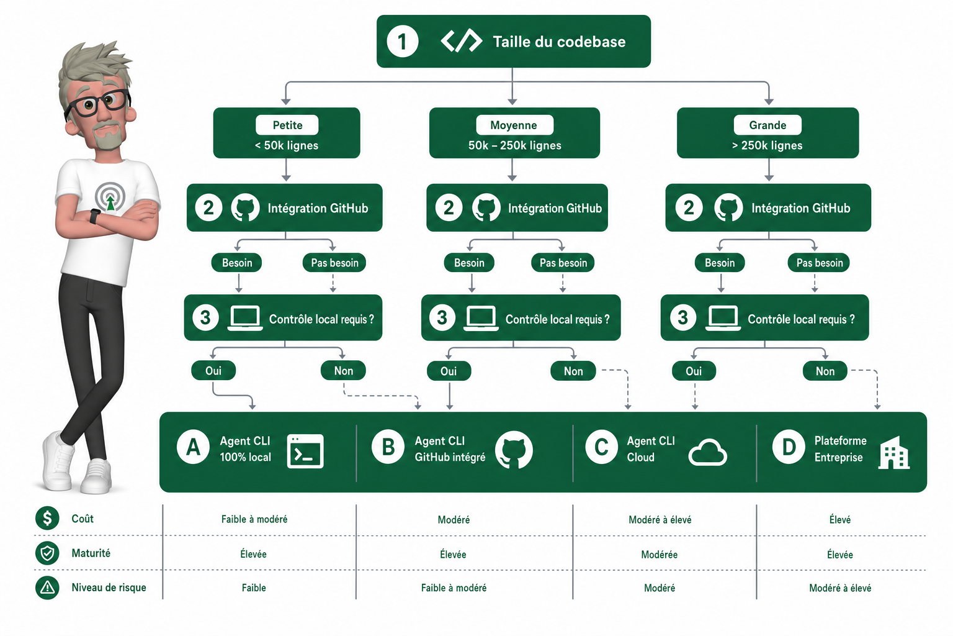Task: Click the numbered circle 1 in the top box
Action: pos(402,42)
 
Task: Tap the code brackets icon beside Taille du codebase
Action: pos(461,41)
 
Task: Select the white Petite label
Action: pos(287,125)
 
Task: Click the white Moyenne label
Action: pos(514,125)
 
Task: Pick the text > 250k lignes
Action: pos(767,145)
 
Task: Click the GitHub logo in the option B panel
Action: pos(514,450)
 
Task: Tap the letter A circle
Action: pos(193,447)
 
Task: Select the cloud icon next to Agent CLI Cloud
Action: pos(707,452)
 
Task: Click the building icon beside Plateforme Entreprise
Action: pos(894,452)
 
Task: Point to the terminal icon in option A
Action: pos(305,451)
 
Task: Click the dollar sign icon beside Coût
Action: pos(47,518)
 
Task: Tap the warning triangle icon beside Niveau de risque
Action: pos(47,588)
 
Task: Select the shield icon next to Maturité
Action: pos(47,553)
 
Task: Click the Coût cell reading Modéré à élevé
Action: pos(660,519)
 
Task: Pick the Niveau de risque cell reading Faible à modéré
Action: pos(454,588)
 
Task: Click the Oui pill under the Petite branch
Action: pos(213,371)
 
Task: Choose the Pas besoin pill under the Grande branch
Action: pos(819,262)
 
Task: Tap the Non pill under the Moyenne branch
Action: pos(573,371)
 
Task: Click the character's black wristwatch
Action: pos(95,216)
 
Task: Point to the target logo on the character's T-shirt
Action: pos(110,198)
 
